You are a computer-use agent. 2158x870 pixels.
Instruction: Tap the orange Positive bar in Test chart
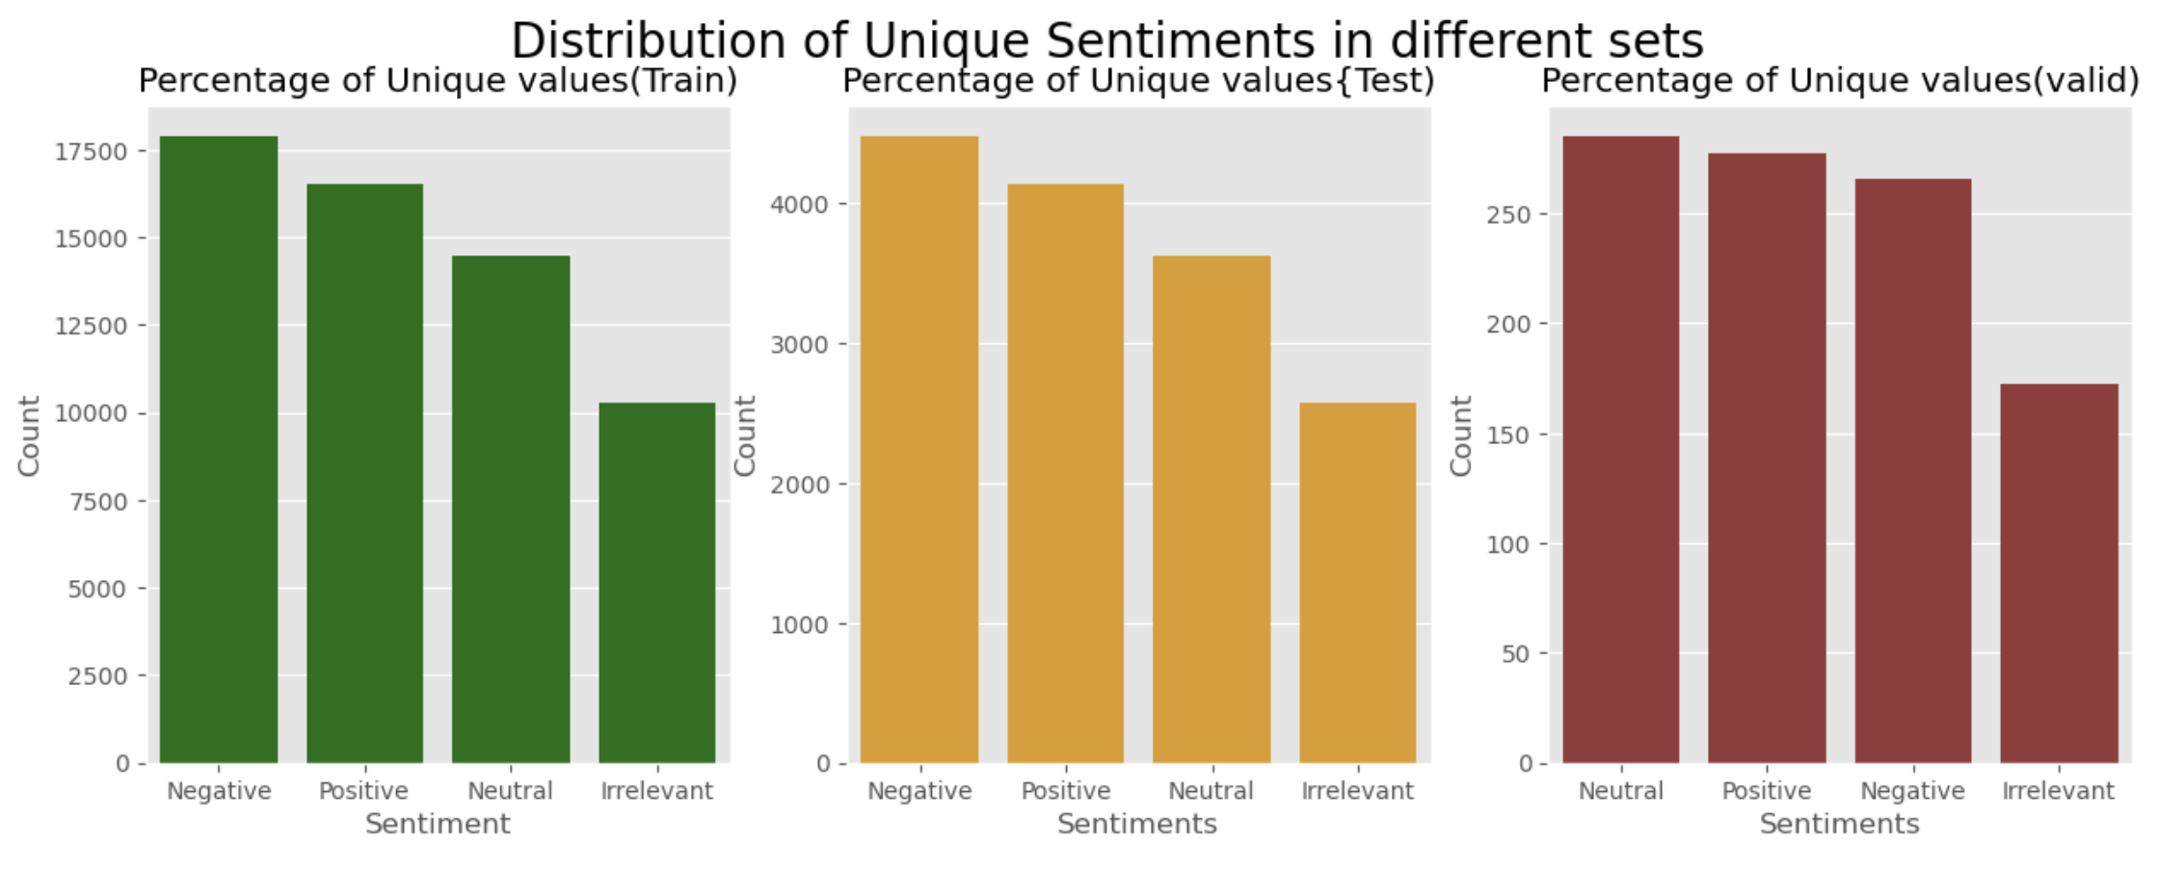(1065, 473)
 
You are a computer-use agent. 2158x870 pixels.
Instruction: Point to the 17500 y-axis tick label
(92, 152)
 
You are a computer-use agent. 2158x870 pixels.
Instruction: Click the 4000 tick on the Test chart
(800, 205)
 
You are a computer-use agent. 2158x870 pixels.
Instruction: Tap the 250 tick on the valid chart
(1509, 215)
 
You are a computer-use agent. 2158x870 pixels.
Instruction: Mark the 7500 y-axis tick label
(98, 502)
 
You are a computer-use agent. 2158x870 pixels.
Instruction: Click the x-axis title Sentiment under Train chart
(438, 825)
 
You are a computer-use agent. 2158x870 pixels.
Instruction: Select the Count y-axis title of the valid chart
(1461, 435)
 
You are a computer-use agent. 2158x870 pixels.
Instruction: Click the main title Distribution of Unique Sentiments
(1106, 41)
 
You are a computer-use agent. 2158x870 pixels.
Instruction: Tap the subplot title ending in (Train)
(438, 81)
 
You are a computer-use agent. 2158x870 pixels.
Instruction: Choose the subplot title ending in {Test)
(1138, 81)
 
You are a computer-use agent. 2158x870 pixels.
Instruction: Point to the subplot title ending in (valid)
(1839, 81)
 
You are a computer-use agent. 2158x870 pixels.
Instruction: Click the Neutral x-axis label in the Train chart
(510, 791)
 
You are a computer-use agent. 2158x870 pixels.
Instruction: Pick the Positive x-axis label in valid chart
(1766, 791)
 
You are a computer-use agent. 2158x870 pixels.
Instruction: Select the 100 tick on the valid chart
(1509, 545)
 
